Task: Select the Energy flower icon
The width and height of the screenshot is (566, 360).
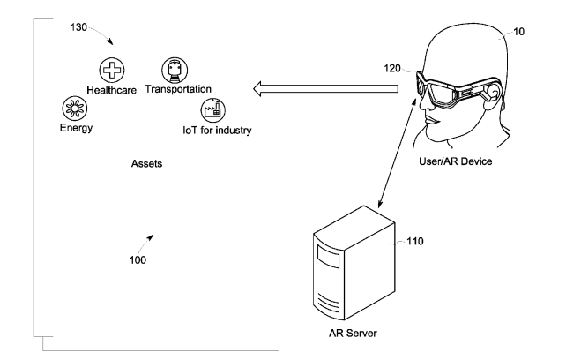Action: (70, 109)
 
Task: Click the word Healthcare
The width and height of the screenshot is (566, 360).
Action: (111, 90)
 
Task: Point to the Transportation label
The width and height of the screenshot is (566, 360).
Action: (178, 89)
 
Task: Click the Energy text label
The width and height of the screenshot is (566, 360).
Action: (71, 128)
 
